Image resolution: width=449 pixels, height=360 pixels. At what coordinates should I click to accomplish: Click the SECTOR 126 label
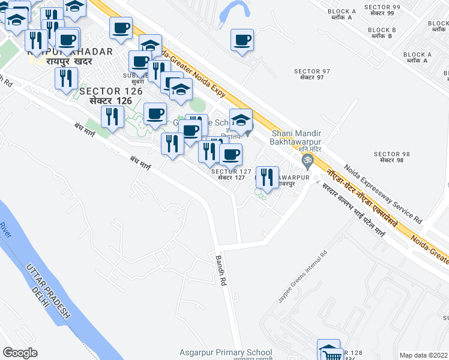(x=111, y=91)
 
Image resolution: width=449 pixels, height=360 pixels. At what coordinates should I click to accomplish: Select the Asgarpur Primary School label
(x=225, y=353)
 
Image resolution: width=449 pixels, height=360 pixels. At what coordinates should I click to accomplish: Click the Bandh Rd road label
(x=220, y=271)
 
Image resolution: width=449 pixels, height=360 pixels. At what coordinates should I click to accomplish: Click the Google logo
(x=20, y=353)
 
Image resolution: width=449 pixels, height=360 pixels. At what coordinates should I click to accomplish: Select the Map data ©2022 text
(x=423, y=355)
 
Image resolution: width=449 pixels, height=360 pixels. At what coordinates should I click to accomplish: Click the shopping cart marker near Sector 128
(x=329, y=350)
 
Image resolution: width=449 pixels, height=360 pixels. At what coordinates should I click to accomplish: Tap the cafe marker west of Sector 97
(x=243, y=41)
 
